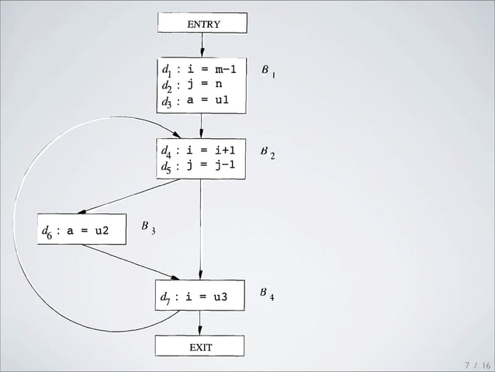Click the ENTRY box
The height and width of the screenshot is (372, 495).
(x=202, y=23)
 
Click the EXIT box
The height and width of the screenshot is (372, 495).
(x=200, y=346)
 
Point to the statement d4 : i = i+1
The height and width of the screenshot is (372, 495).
(x=199, y=150)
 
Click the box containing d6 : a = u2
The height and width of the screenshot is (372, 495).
(x=81, y=230)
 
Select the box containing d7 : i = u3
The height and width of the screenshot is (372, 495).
(x=199, y=296)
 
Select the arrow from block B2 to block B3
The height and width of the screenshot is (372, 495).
(x=128, y=196)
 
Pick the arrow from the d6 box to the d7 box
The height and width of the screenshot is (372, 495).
(x=130, y=262)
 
